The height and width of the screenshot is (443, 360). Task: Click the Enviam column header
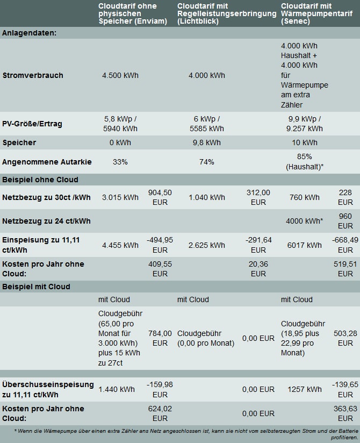127,13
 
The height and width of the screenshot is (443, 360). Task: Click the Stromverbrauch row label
33,75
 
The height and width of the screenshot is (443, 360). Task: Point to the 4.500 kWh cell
120,75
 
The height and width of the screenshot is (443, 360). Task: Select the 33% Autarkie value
120,162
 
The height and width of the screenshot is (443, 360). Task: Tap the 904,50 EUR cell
160,197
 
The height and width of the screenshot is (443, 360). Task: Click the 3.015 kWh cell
120,197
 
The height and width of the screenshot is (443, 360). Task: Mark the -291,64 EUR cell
258,245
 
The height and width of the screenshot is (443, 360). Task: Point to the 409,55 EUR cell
160,269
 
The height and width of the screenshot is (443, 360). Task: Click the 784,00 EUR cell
160,338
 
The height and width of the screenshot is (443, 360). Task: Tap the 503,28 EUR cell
345,338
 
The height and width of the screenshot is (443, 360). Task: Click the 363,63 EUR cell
345,413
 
